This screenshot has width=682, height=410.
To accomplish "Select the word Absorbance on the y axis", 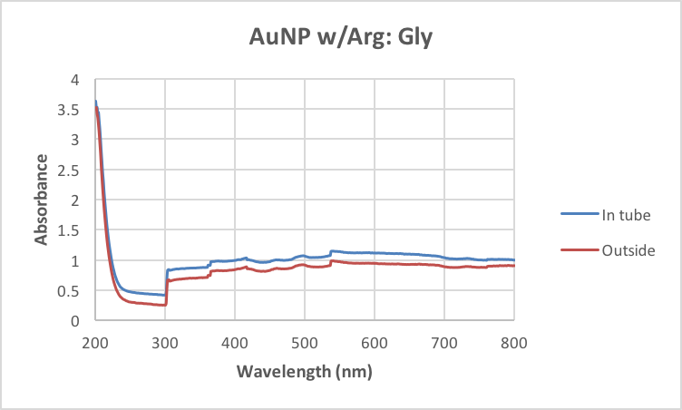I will pos(42,200).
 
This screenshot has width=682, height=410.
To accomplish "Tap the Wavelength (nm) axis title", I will pos(305,372).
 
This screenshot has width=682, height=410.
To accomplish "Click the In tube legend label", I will pos(627,214).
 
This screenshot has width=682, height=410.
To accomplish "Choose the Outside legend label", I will pos(628,250).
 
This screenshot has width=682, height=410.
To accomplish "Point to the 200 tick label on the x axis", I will pos(95,342).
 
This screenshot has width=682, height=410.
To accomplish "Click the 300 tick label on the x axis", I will pos(165,342).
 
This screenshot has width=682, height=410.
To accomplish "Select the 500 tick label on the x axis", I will pos(305,342).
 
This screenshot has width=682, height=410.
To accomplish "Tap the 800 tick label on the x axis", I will pos(514,342).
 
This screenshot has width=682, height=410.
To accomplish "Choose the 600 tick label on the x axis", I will pos(375,342).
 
